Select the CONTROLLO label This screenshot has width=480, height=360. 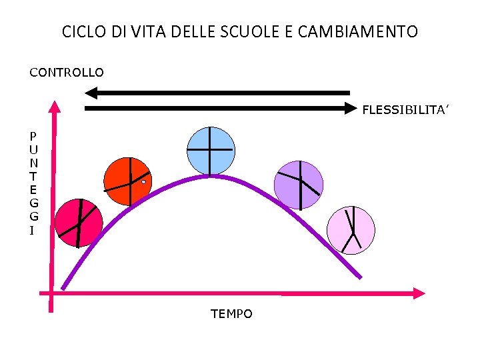point(67,72)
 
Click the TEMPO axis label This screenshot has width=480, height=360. point(231,313)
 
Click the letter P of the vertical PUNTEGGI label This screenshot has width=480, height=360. point(33,136)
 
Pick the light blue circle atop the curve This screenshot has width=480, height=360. point(211,151)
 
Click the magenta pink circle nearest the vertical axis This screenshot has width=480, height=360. point(79,223)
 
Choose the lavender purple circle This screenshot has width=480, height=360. point(299,185)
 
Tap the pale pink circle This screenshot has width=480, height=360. point(351,230)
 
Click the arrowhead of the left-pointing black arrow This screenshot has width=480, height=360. point(93,93)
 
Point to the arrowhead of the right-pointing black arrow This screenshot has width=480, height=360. point(351,107)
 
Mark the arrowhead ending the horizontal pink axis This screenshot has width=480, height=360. point(419,293)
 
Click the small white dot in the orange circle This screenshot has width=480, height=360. point(143,181)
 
